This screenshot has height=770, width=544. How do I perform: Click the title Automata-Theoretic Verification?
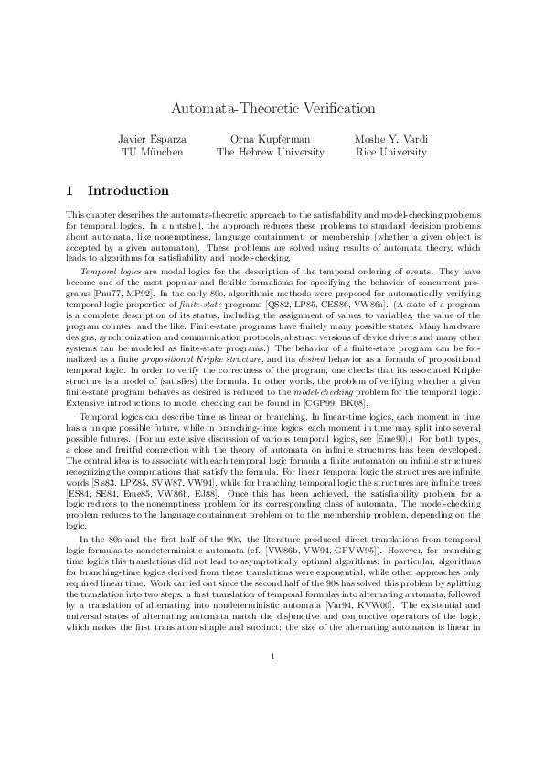click(272, 109)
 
